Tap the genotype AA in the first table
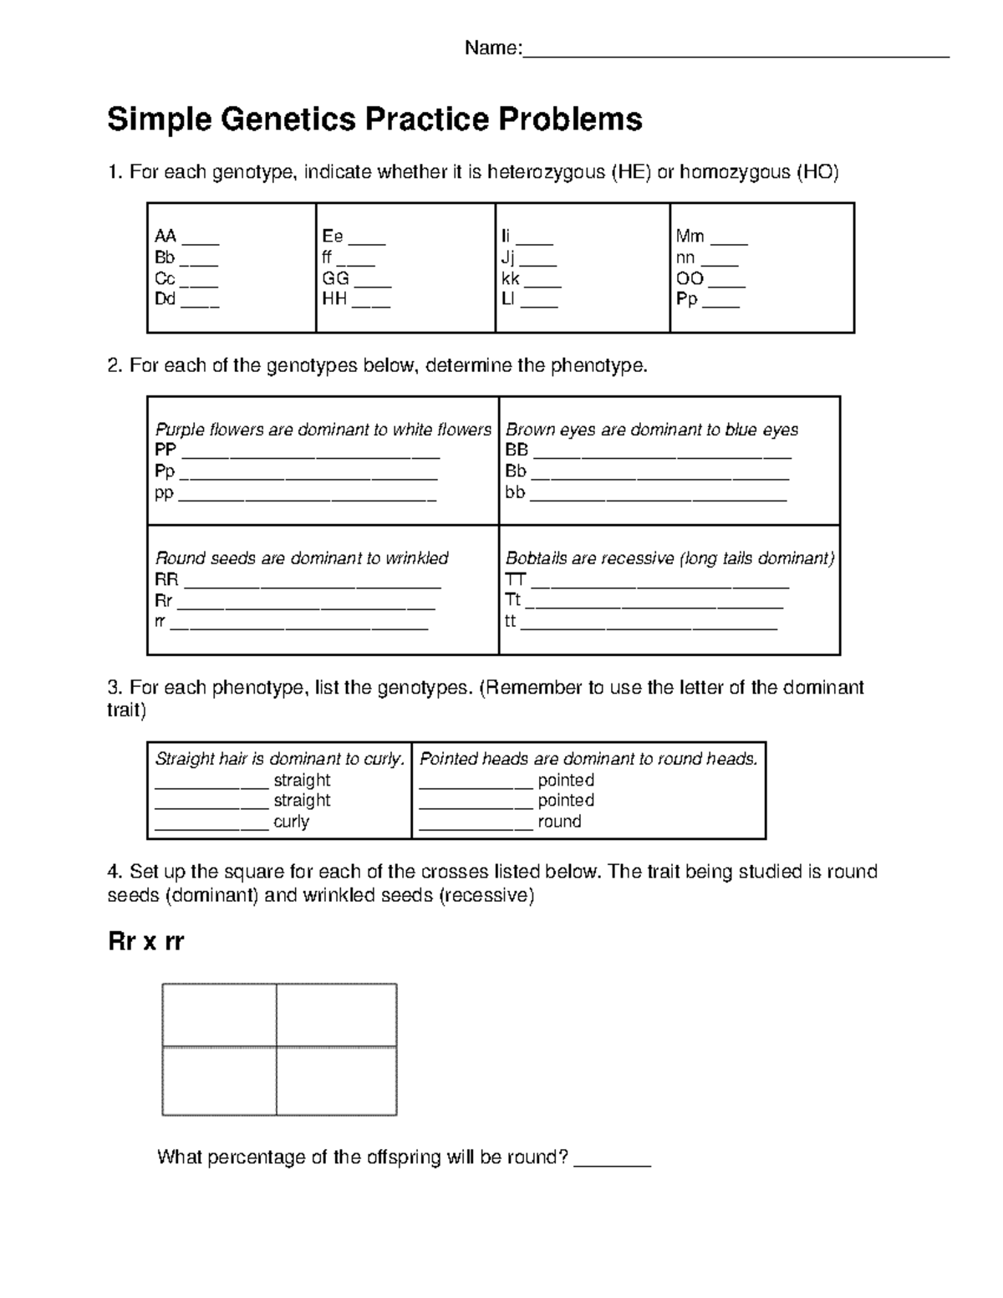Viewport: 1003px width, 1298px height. (x=165, y=237)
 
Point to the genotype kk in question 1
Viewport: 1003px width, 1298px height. (x=511, y=279)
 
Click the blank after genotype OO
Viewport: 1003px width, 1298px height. (x=727, y=279)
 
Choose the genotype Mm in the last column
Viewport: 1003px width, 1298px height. (x=690, y=237)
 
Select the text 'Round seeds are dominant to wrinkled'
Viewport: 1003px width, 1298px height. (x=302, y=558)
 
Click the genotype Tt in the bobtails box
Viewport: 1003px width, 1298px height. (x=513, y=600)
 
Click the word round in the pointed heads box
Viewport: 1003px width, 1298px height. (x=559, y=822)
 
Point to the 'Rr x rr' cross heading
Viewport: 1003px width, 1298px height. (x=145, y=942)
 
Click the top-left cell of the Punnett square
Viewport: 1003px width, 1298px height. (x=219, y=1015)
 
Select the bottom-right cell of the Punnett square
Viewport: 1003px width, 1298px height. (x=336, y=1081)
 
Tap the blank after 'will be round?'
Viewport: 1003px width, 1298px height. (x=614, y=1159)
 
